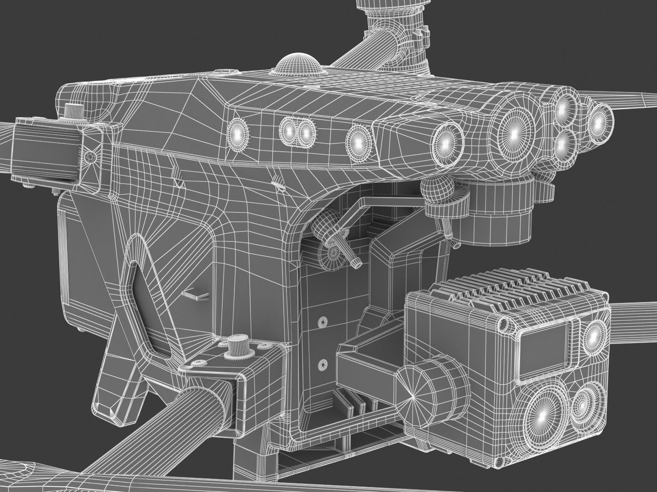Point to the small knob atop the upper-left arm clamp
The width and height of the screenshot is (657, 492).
(72, 111)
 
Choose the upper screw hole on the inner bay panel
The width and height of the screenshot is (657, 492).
(323, 322)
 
